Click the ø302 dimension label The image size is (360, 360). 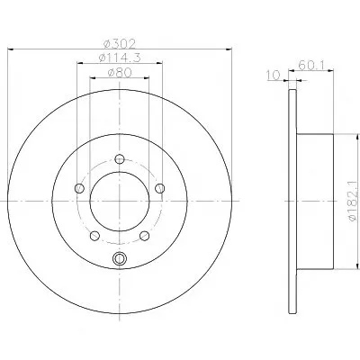pos(120,44)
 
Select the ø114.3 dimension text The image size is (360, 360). pos(120,58)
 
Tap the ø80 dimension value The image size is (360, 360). pos(120,73)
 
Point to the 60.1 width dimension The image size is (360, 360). pos(310,65)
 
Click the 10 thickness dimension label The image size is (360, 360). pos(273,75)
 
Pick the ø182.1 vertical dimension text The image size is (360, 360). pos(355,201)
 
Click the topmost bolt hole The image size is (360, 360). pos(120,159)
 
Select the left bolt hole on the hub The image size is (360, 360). pos(79,188)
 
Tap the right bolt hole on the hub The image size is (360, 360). pos(160,188)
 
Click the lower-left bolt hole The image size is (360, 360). pos(94,236)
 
